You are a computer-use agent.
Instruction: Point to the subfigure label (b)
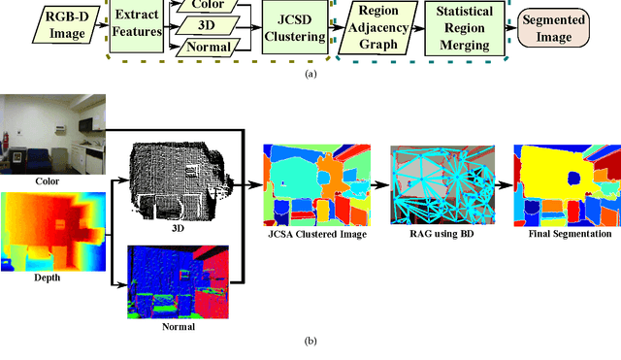click(x=310, y=341)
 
